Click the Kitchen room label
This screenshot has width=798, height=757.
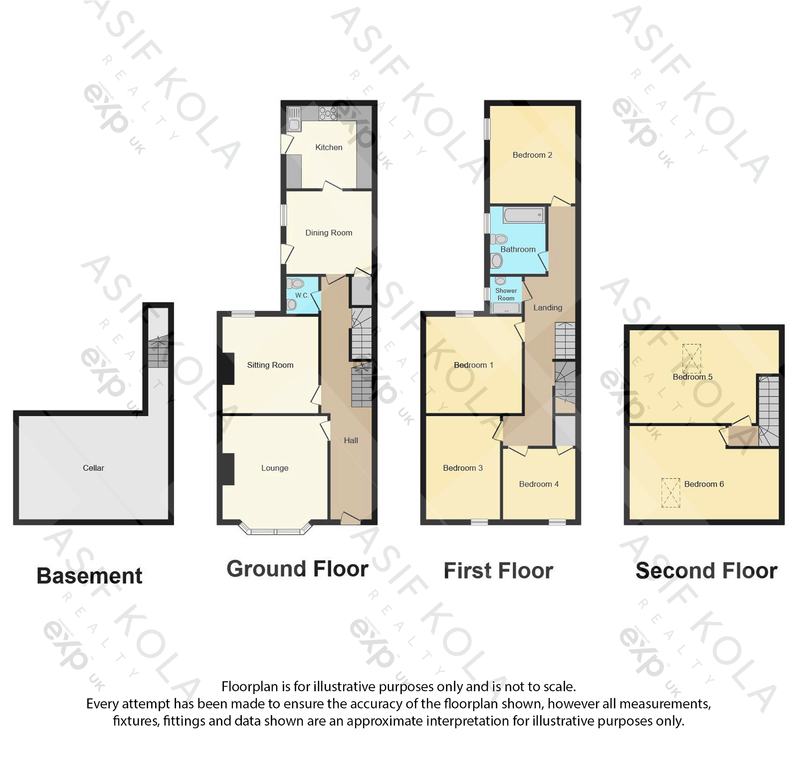(x=329, y=148)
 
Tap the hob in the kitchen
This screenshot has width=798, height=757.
(x=328, y=113)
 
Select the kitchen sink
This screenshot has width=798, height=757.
(x=294, y=119)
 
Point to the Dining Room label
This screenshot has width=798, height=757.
(x=329, y=233)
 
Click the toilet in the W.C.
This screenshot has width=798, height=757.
(x=297, y=284)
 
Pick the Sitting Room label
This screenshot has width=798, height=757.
(x=270, y=365)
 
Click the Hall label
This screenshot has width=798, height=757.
(x=351, y=441)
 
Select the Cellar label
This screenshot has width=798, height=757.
(x=93, y=468)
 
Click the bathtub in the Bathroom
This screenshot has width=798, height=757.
(x=523, y=216)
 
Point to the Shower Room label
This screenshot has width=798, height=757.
(x=506, y=295)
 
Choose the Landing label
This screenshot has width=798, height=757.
(x=548, y=308)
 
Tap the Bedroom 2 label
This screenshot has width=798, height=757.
(x=532, y=155)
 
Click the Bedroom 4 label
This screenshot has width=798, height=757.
(x=539, y=484)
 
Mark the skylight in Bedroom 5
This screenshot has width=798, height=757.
(x=691, y=358)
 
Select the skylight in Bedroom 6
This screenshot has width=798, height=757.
(x=671, y=492)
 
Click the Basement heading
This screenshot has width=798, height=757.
(x=89, y=576)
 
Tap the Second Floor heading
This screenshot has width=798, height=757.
(x=706, y=571)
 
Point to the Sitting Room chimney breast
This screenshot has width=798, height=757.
(x=228, y=369)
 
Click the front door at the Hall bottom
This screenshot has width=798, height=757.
(x=351, y=519)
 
